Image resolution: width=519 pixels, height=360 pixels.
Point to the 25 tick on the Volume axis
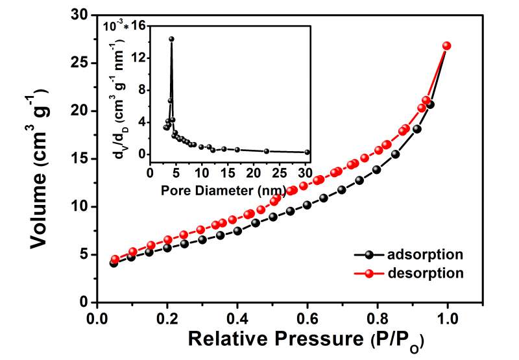[82, 63]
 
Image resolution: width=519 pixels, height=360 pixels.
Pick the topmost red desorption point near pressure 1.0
[446, 46]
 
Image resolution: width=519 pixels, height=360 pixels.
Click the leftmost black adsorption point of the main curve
[114, 263]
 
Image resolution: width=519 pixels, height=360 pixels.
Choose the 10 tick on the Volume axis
[82, 207]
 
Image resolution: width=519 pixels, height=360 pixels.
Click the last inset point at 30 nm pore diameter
[307, 152]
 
